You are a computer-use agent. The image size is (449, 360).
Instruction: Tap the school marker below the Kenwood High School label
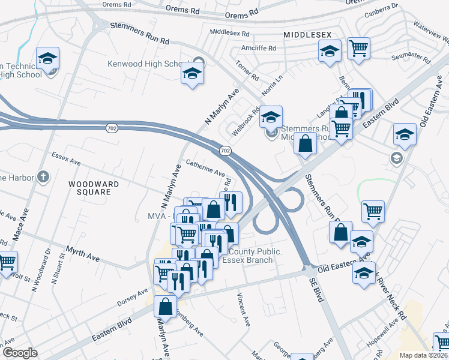click(x=193, y=74)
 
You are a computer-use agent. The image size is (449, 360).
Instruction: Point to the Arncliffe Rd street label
click(x=256, y=48)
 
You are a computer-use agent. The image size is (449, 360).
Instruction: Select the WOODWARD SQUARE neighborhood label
click(x=89, y=188)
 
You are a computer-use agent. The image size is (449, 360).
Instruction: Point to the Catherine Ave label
click(x=205, y=167)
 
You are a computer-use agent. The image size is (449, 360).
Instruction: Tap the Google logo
click(x=20, y=353)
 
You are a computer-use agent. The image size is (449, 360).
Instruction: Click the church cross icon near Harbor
click(x=41, y=177)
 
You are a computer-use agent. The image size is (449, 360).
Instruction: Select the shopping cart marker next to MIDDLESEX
click(x=358, y=47)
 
